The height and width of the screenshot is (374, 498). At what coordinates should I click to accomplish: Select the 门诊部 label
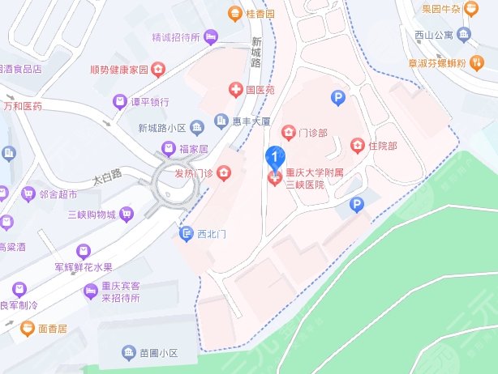click(312, 133)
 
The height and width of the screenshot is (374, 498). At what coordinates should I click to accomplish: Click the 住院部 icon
click(356, 146)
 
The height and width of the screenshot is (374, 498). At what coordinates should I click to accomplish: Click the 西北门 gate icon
click(186, 234)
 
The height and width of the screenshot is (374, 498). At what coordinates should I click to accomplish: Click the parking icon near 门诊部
click(338, 98)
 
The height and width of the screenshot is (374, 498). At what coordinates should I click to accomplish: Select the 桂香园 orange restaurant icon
click(234, 13)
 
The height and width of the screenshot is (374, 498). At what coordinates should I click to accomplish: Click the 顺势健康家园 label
click(119, 70)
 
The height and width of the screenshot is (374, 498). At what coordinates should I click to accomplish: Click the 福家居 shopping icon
click(168, 148)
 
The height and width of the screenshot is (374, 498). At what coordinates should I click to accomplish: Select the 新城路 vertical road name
click(257, 53)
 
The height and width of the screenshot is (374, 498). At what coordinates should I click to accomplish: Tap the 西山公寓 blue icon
click(464, 34)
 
